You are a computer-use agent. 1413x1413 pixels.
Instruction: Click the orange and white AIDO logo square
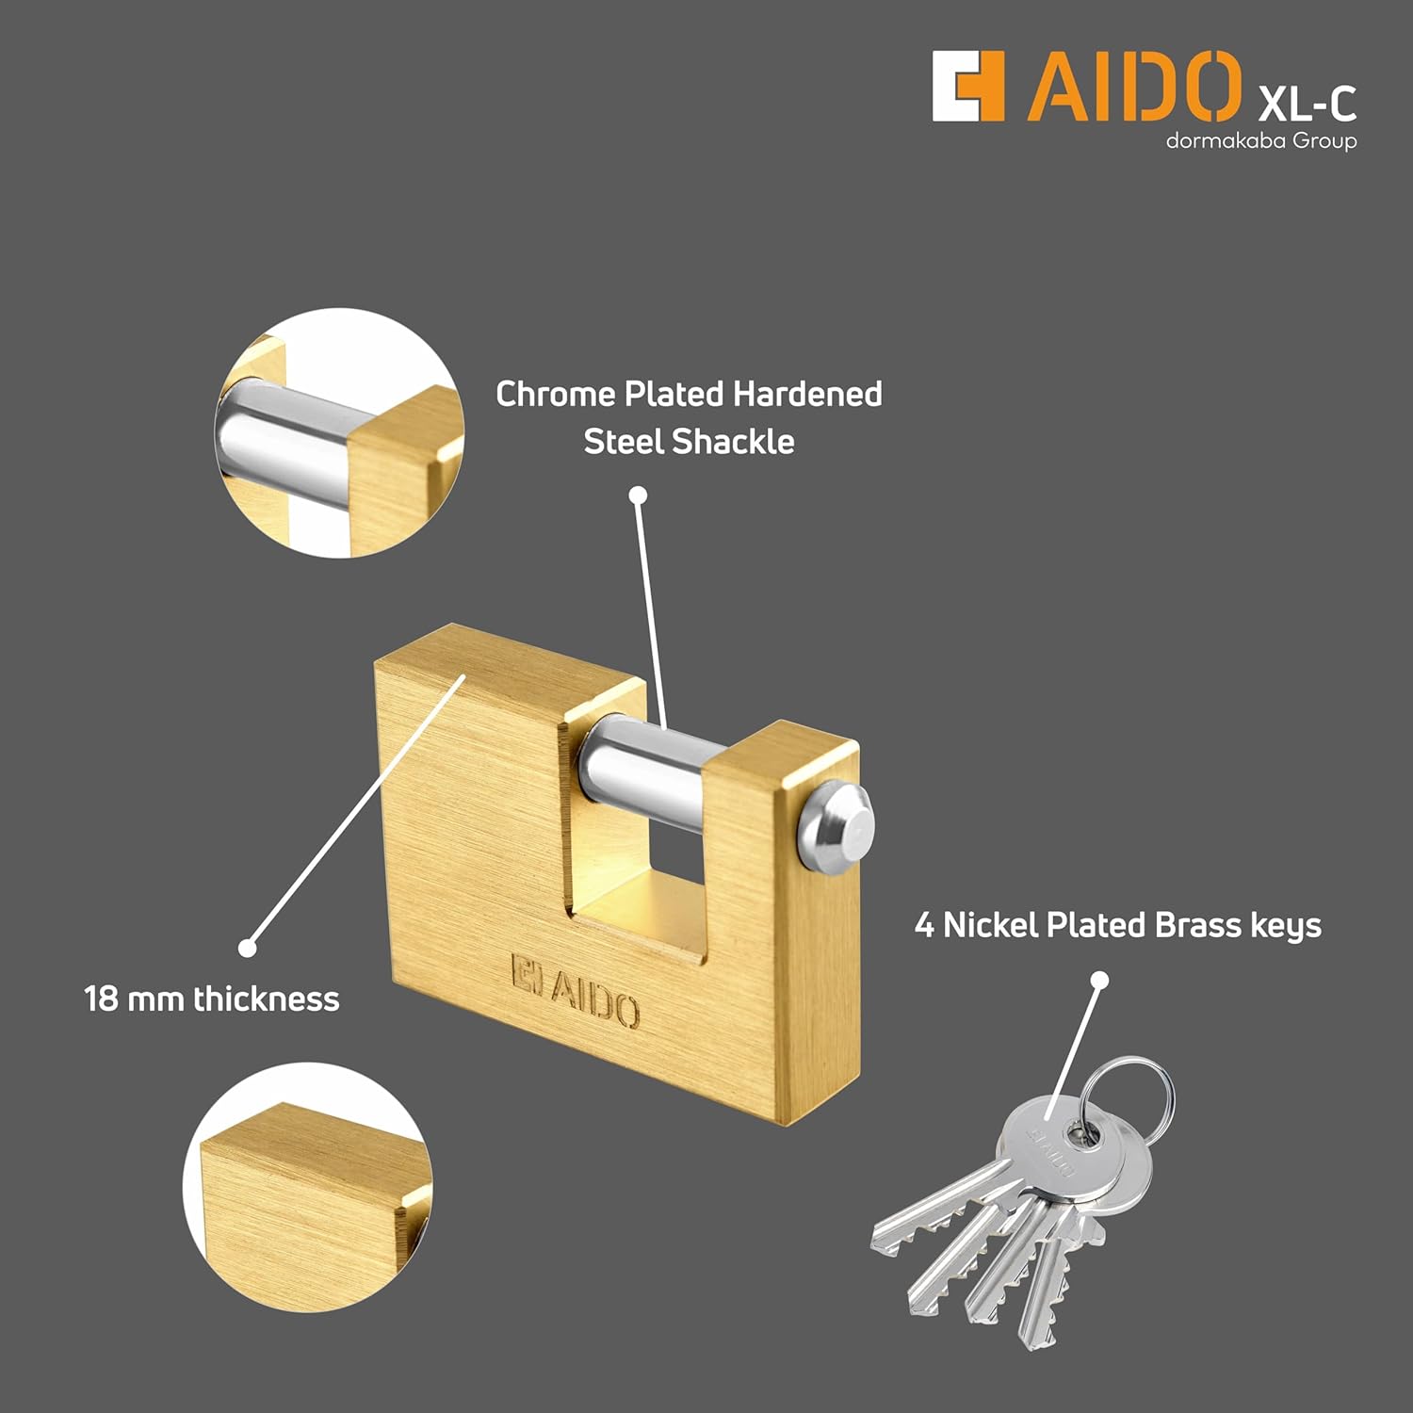[967, 87]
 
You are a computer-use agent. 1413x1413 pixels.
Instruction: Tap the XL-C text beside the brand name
[1307, 102]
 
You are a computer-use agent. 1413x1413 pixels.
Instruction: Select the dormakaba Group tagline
[1260, 141]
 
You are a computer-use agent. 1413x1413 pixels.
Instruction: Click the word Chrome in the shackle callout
[555, 394]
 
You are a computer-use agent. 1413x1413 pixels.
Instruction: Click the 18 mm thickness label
[212, 999]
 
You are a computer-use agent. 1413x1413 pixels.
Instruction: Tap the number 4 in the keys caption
[924, 925]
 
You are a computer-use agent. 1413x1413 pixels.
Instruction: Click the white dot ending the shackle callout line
[638, 495]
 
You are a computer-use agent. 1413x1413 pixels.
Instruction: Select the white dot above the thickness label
[248, 948]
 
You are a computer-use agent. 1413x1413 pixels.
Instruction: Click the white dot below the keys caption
[1098, 981]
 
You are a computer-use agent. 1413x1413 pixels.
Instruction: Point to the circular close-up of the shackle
[341, 433]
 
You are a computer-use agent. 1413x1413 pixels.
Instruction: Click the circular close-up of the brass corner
[308, 1187]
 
